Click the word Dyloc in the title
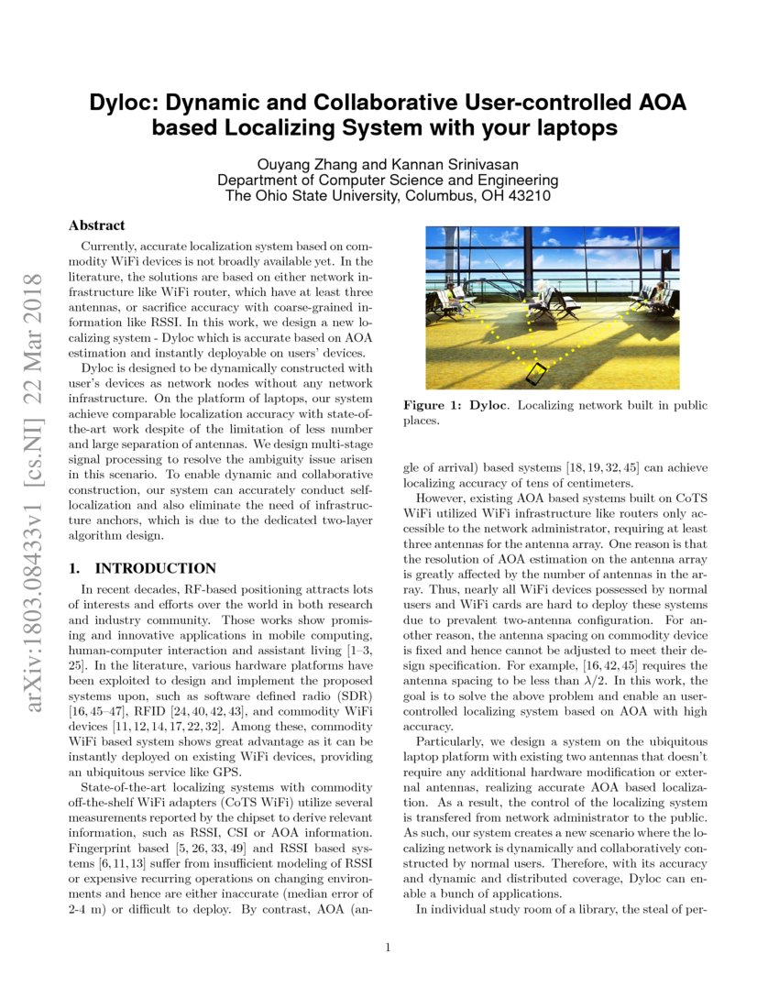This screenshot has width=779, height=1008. [121, 103]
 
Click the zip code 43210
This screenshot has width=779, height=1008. [532, 196]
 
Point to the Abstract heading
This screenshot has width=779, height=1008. [97, 225]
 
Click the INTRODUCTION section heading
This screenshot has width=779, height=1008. [156, 568]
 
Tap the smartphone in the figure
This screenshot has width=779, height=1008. [536, 374]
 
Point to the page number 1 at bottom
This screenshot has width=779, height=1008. [389, 948]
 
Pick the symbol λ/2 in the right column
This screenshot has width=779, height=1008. [611, 681]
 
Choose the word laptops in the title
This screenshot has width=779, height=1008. [568, 128]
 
